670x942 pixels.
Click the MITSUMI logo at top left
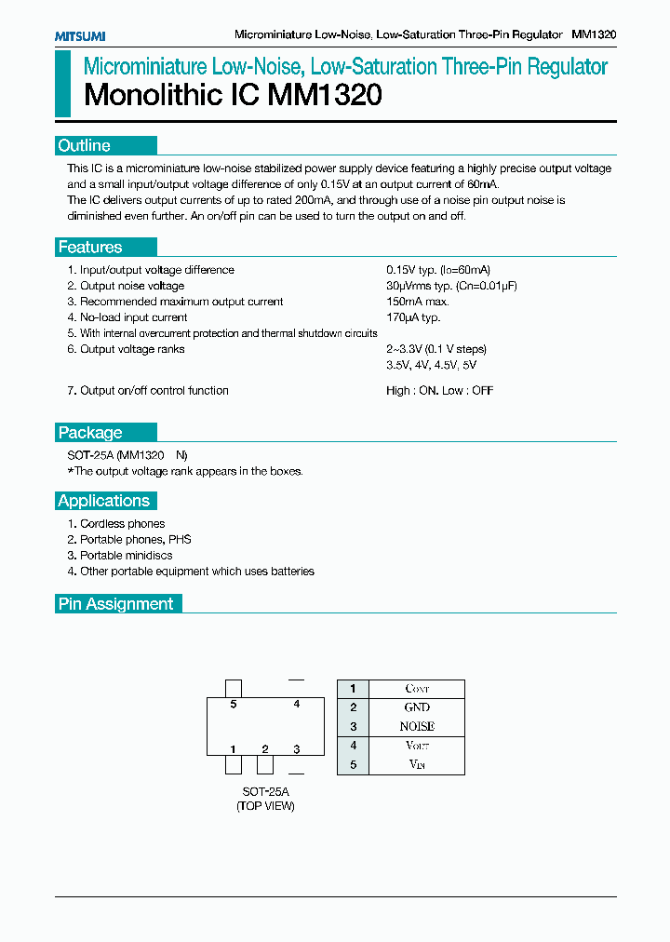[x=79, y=35]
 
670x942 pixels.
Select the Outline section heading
[x=84, y=146]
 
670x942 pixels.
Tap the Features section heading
[x=90, y=248]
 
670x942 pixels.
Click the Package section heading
[x=90, y=433]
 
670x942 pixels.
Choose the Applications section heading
[x=103, y=501]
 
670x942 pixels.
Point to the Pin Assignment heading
[x=115, y=604]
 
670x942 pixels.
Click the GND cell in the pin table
[x=417, y=707]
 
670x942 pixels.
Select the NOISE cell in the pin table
[x=417, y=726]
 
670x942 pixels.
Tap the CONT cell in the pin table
[x=417, y=689]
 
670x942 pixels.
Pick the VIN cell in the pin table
[x=417, y=764]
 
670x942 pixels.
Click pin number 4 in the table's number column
[x=354, y=746]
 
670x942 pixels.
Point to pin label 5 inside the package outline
[x=233, y=705]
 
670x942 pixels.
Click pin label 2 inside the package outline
[x=265, y=749]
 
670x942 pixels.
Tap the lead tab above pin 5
[x=234, y=688]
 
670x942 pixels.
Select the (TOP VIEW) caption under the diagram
[x=265, y=806]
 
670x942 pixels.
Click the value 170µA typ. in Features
[x=413, y=317]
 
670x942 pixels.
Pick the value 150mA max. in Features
[x=418, y=302]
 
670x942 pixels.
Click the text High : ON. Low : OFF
[x=439, y=391]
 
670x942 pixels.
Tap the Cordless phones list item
[x=122, y=524]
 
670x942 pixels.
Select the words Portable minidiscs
[x=127, y=556]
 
